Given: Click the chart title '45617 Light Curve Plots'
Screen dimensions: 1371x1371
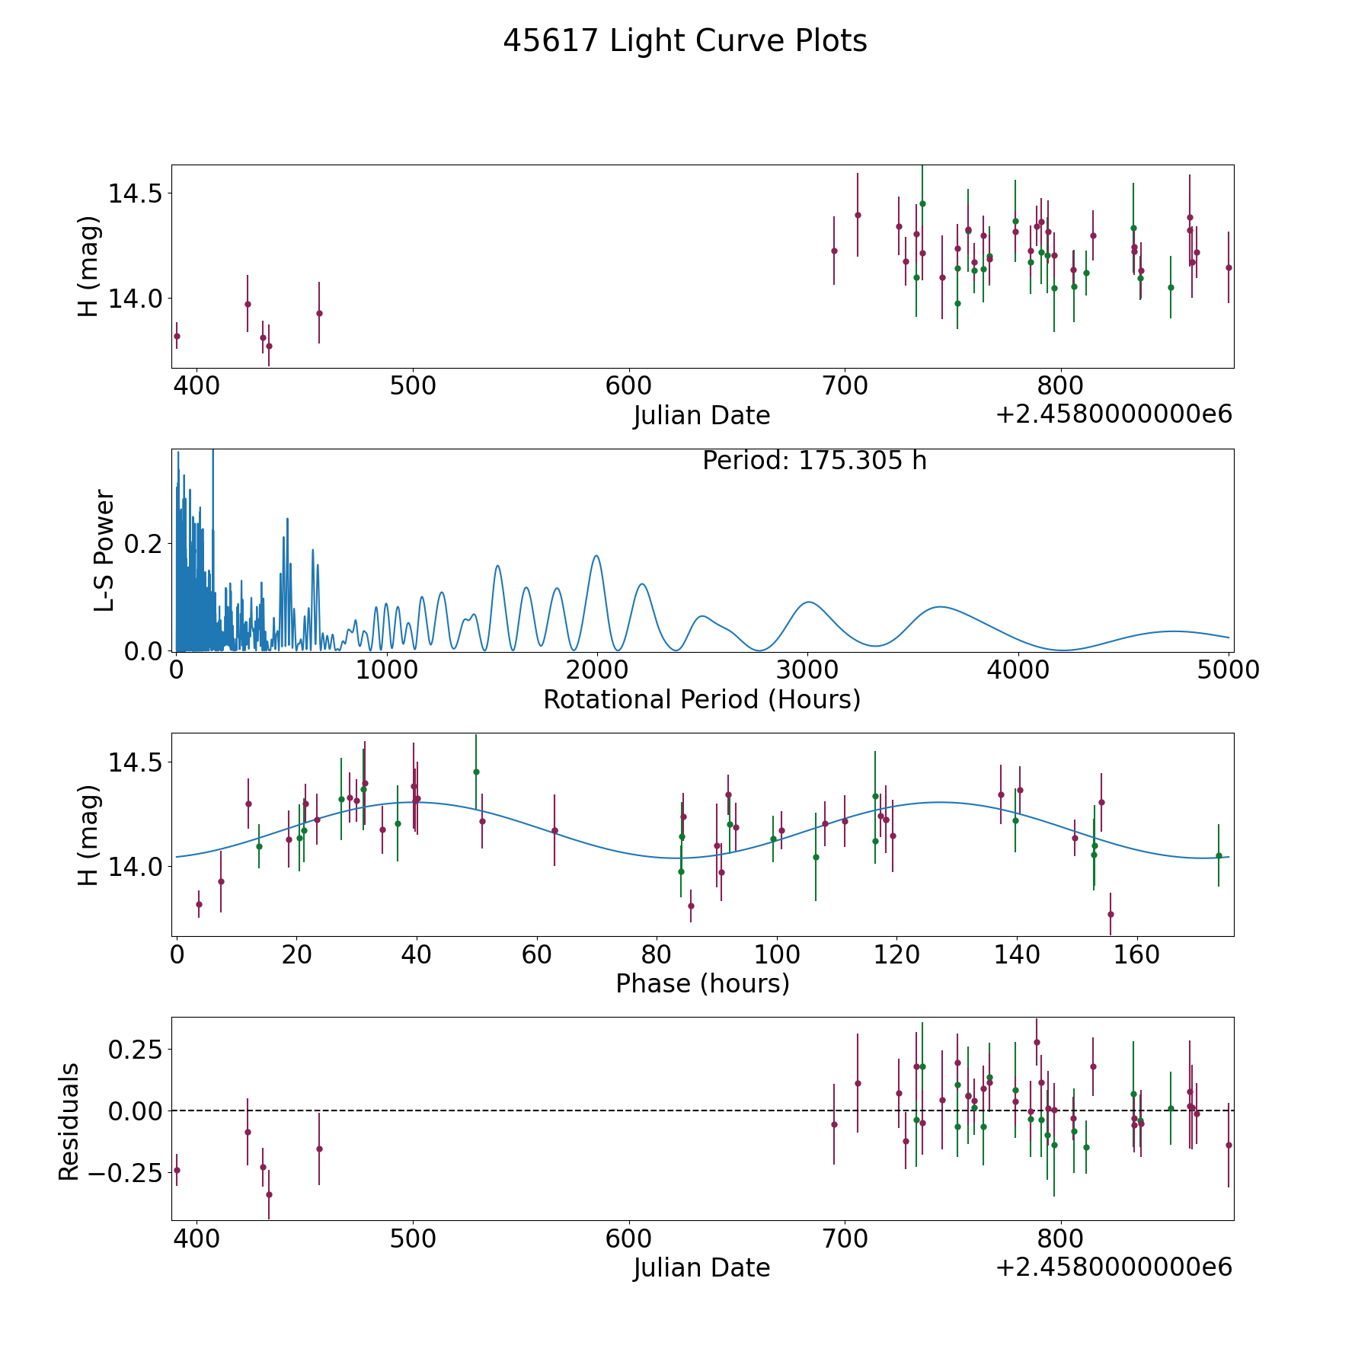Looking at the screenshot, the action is (x=685, y=41).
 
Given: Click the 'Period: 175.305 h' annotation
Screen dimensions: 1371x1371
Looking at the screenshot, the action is (x=814, y=461).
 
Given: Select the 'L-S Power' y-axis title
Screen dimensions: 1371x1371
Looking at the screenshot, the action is (x=104, y=551).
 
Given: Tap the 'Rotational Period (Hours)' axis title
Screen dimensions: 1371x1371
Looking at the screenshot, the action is (x=701, y=699).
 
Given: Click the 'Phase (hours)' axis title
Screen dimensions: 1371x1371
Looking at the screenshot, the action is (x=702, y=983).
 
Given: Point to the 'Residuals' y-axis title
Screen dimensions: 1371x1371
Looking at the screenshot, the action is (x=69, y=1121).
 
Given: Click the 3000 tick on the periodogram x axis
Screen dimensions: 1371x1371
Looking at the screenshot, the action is (x=807, y=670).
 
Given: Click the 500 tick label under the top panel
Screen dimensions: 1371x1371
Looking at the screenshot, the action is (x=413, y=385).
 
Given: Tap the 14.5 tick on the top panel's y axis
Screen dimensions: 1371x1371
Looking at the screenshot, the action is (x=136, y=193).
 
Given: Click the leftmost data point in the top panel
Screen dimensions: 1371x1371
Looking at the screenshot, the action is (x=177, y=336).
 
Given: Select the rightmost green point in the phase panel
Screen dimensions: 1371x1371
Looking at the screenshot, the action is (x=1219, y=855).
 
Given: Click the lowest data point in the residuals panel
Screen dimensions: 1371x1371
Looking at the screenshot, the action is (x=269, y=1194).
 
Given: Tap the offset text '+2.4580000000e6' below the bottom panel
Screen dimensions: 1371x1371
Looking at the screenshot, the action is (x=1114, y=1267).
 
